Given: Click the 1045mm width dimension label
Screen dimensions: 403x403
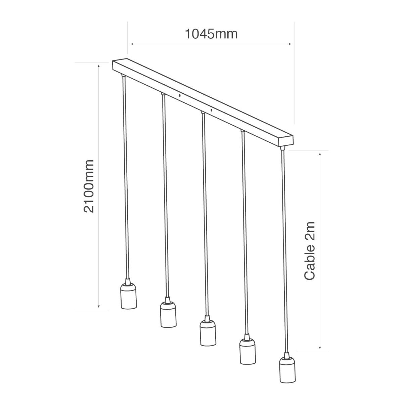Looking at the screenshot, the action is tap(211, 34).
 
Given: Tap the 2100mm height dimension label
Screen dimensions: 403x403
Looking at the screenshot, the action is tap(89, 186).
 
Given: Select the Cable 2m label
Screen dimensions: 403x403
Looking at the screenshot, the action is tap(309, 251).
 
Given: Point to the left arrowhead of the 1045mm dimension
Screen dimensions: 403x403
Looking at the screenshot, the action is tap(132, 44).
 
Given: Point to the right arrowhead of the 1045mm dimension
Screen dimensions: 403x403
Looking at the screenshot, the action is tap(289, 44).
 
